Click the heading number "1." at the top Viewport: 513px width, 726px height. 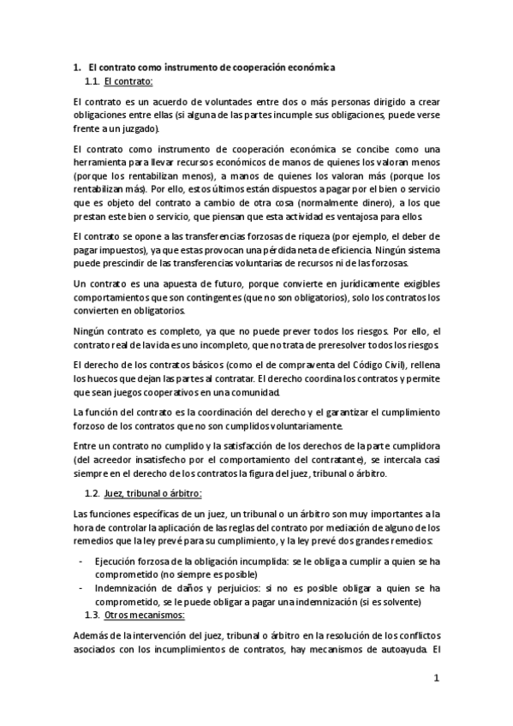pos(75,66)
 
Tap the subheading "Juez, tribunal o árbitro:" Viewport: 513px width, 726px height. pos(152,495)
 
